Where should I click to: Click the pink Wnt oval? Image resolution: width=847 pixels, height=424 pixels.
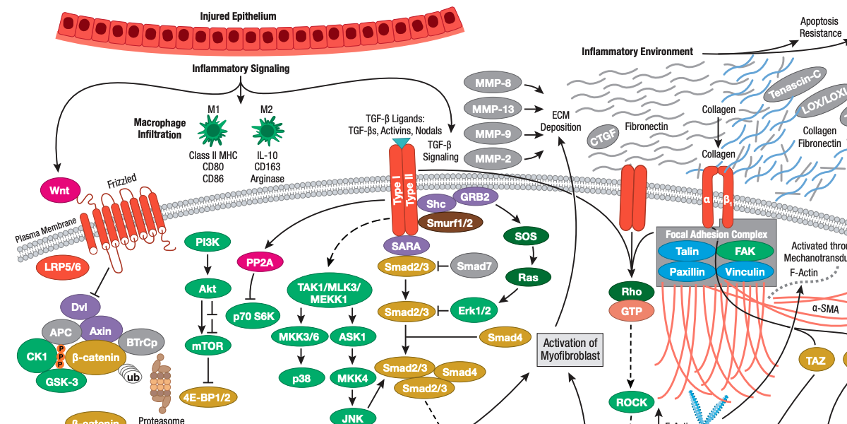pos(61,189)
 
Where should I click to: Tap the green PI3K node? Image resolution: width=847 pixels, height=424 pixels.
pos(208,242)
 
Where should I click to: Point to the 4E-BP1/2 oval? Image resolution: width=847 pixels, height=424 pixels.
pos(208,396)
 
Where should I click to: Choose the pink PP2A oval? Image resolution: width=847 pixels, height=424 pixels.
pos(260,261)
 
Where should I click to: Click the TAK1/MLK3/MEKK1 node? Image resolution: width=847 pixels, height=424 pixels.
pos(331,294)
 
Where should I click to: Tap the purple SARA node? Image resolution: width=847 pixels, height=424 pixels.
pos(406,246)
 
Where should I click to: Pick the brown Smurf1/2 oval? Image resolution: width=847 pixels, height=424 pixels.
pos(446,223)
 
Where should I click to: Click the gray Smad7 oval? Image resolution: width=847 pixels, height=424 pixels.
pos(474,266)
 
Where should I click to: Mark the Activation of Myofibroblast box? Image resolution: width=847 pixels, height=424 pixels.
pos(570,349)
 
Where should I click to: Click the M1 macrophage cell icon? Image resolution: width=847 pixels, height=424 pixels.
pos(213,132)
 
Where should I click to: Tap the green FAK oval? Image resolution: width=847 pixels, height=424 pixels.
pos(744,251)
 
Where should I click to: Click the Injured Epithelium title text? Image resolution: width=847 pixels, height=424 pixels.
pos(238,16)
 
